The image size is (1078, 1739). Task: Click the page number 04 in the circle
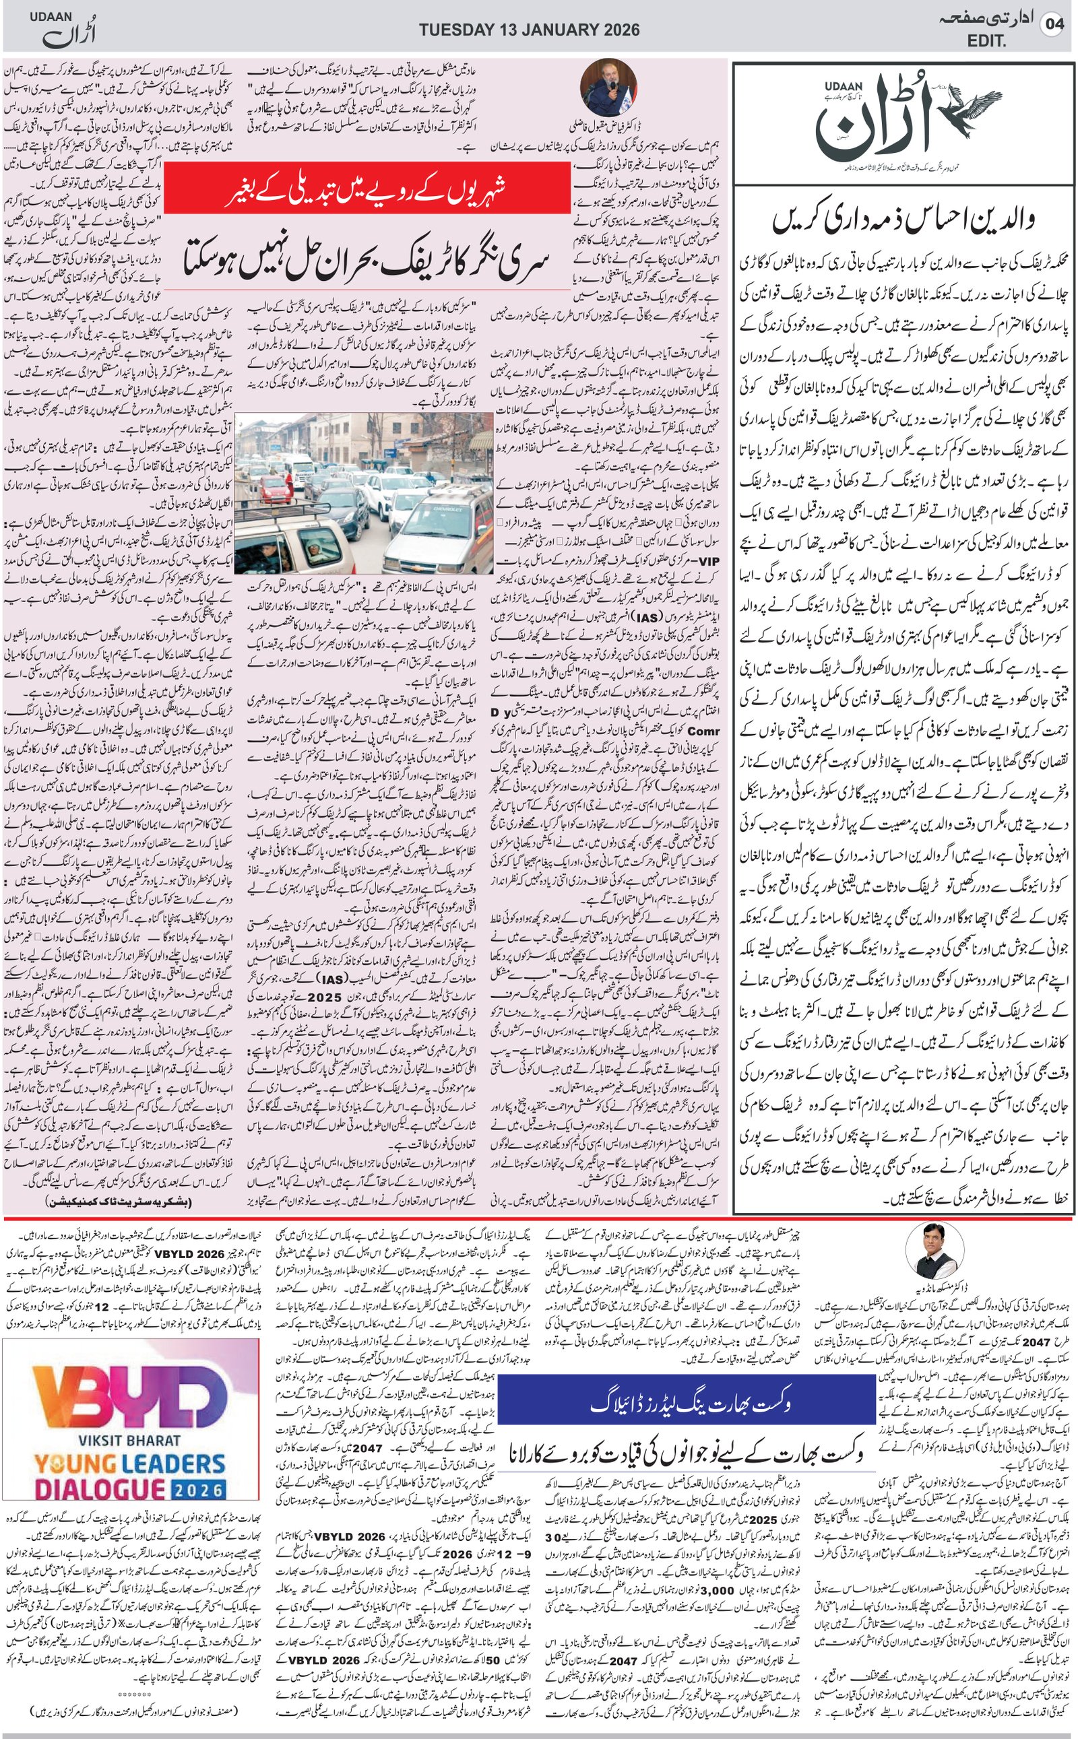(1052, 24)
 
